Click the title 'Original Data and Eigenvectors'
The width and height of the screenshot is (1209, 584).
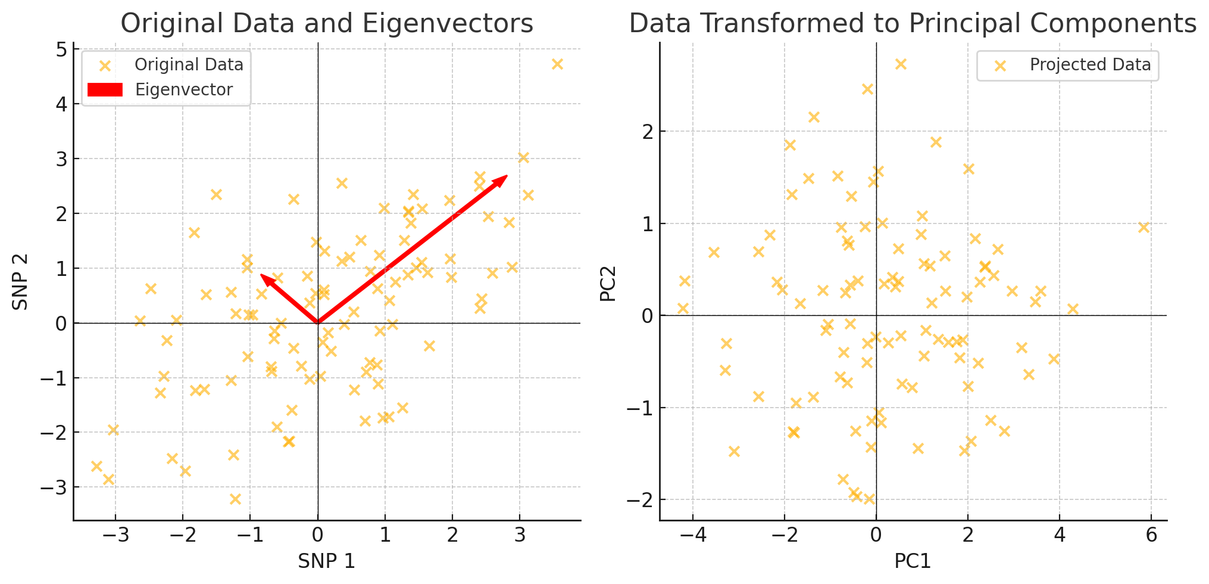(x=327, y=24)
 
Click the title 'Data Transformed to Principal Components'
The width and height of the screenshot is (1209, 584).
(x=913, y=24)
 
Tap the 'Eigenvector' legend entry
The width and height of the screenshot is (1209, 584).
(x=183, y=90)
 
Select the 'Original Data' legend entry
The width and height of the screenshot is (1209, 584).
(x=189, y=65)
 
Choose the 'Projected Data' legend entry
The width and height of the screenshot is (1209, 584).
(x=1090, y=65)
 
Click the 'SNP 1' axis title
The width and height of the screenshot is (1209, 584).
(x=326, y=561)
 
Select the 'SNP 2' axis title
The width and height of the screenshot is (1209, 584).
(x=21, y=282)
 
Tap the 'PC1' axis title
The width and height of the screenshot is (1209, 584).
(x=913, y=561)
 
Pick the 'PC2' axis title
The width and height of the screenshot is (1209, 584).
(x=608, y=284)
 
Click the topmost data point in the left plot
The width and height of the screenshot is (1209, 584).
(x=557, y=64)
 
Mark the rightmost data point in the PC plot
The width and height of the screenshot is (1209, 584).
(x=1144, y=228)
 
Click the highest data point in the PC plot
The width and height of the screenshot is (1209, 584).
(x=901, y=64)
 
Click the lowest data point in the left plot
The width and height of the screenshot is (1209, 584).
(x=235, y=499)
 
